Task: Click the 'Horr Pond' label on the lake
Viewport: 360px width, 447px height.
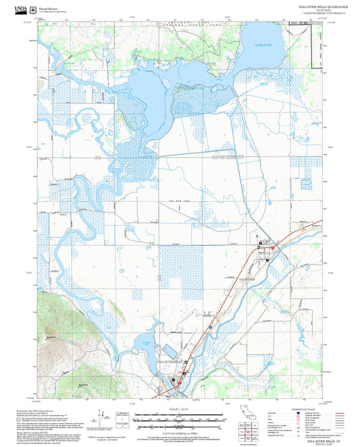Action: [262, 45]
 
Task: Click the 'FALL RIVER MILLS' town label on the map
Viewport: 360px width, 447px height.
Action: [170, 363]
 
